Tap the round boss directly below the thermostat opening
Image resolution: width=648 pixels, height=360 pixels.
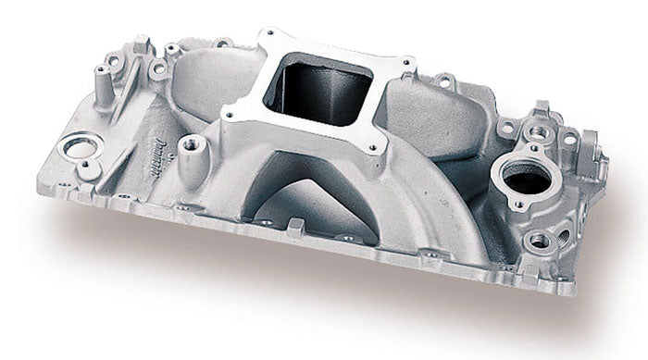(539, 239)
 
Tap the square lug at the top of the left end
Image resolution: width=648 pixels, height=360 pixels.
(144, 43)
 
